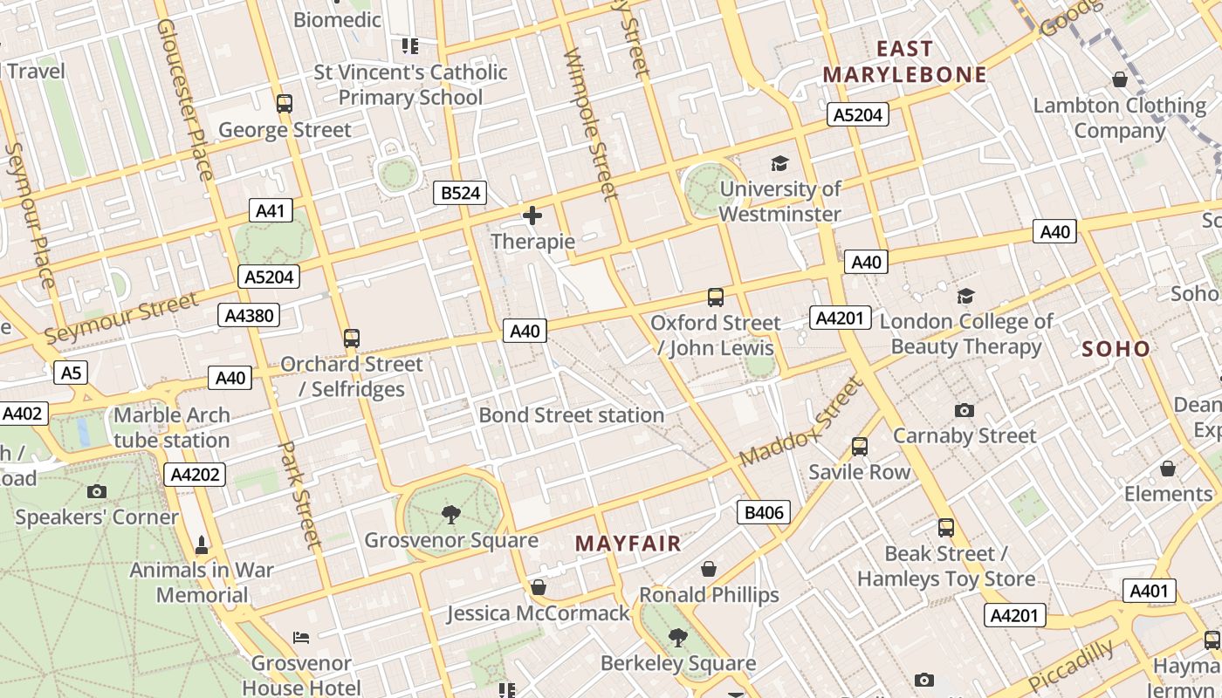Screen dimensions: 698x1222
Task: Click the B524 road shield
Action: click(x=460, y=193)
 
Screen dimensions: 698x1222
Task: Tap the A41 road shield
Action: click(x=271, y=210)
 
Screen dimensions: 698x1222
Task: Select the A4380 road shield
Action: click(x=249, y=315)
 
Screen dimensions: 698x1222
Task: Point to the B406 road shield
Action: click(x=764, y=512)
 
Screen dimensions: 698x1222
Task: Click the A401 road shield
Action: click(x=1149, y=591)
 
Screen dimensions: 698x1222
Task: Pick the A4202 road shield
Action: click(x=196, y=475)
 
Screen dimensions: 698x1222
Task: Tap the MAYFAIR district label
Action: click(x=628, y=544)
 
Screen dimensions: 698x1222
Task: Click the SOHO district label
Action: click(x=1116, y=349)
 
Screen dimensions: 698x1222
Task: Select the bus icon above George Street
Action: click(x=284, y=104)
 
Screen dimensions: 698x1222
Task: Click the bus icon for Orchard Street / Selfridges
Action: click(x=352, y=338)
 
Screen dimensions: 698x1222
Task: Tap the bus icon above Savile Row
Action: click(x=860, y=447)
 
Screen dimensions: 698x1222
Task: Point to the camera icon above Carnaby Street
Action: click(x=965, y=410)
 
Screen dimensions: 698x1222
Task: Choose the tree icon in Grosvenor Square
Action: click(x=450, y=514)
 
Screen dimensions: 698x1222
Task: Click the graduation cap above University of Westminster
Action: click(x=779, y=163)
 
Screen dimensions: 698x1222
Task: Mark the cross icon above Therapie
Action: click(x=532, y=216)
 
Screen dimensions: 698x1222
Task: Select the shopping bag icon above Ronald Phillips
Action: click(x=709, y=569)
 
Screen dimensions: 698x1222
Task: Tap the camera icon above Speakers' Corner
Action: click(x=97, y=491)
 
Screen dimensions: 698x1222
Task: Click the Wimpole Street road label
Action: click(x=592, y=124)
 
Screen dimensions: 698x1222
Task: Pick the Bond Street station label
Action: click(x=572, y=415)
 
